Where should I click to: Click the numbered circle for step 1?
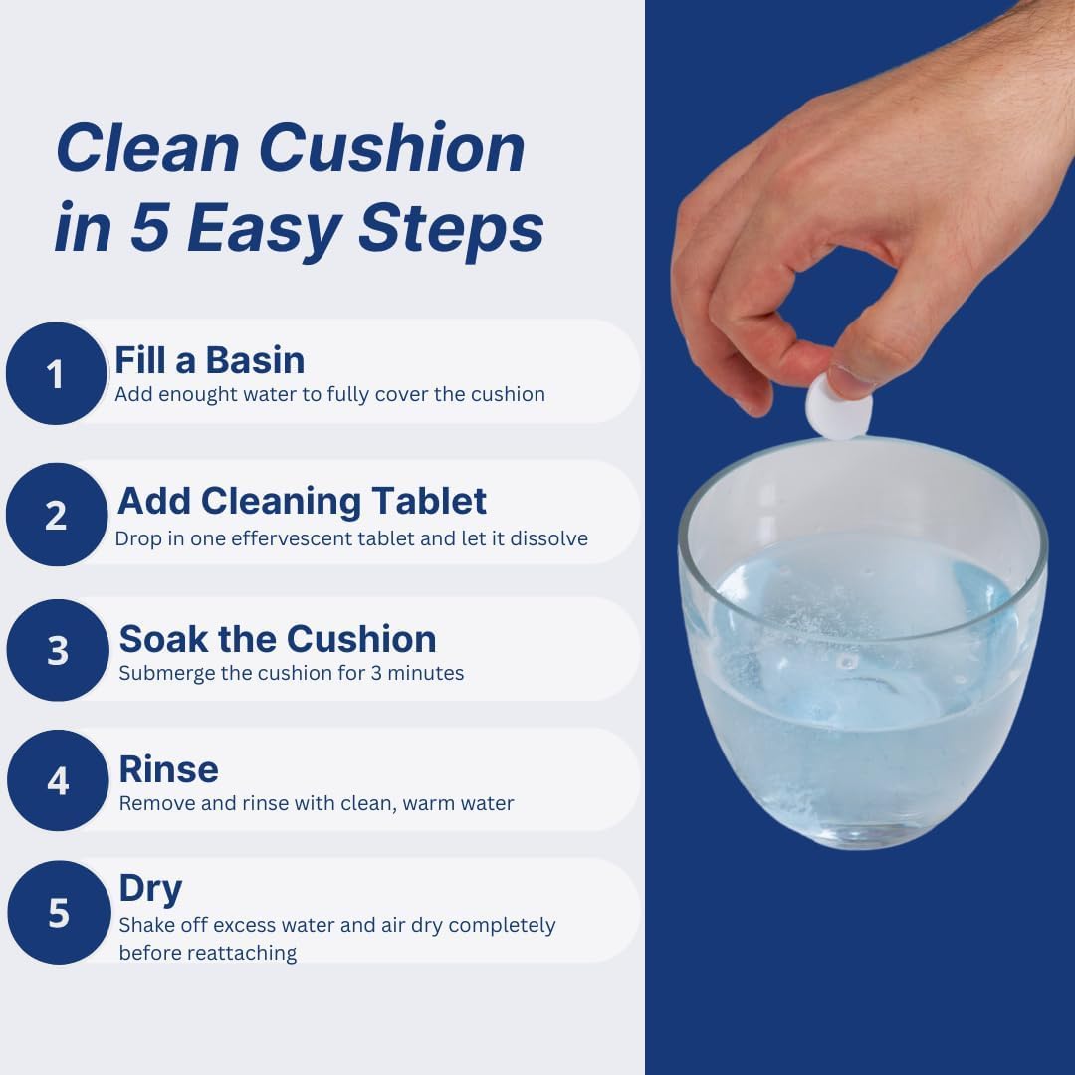coord(56,374)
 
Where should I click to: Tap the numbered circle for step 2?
coord(56,516)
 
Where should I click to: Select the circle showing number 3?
coord(57,650)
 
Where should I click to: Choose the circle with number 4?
coord(58,781)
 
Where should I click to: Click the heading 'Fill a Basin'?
coord(209,359)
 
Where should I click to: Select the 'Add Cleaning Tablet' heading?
coord(302,501)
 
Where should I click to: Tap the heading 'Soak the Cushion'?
coord(277,638)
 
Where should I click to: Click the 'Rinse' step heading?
coord(168,769)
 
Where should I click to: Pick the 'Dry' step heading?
coord(150,887)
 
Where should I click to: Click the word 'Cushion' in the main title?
coord(391,149)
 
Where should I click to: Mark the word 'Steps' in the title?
coord(451,228)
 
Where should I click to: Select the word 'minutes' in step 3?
coord(425,673)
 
